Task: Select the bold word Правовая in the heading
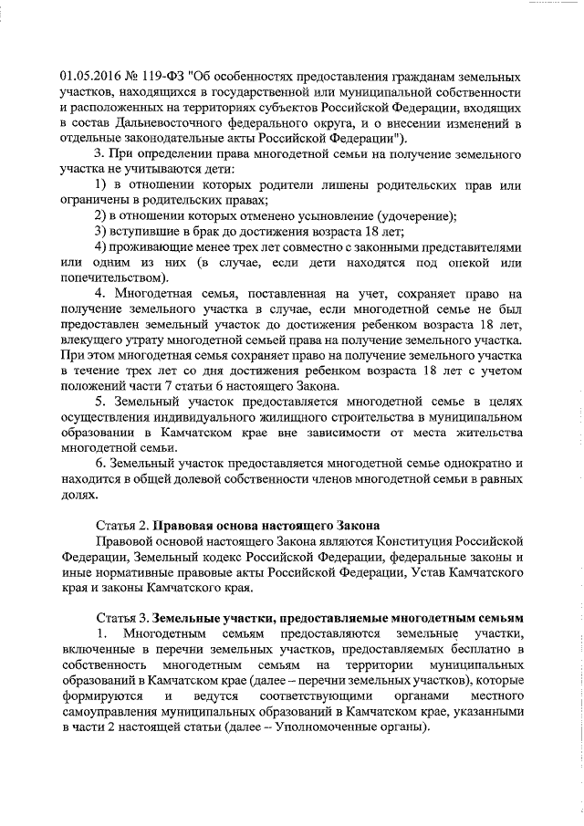(x=184, y=526)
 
